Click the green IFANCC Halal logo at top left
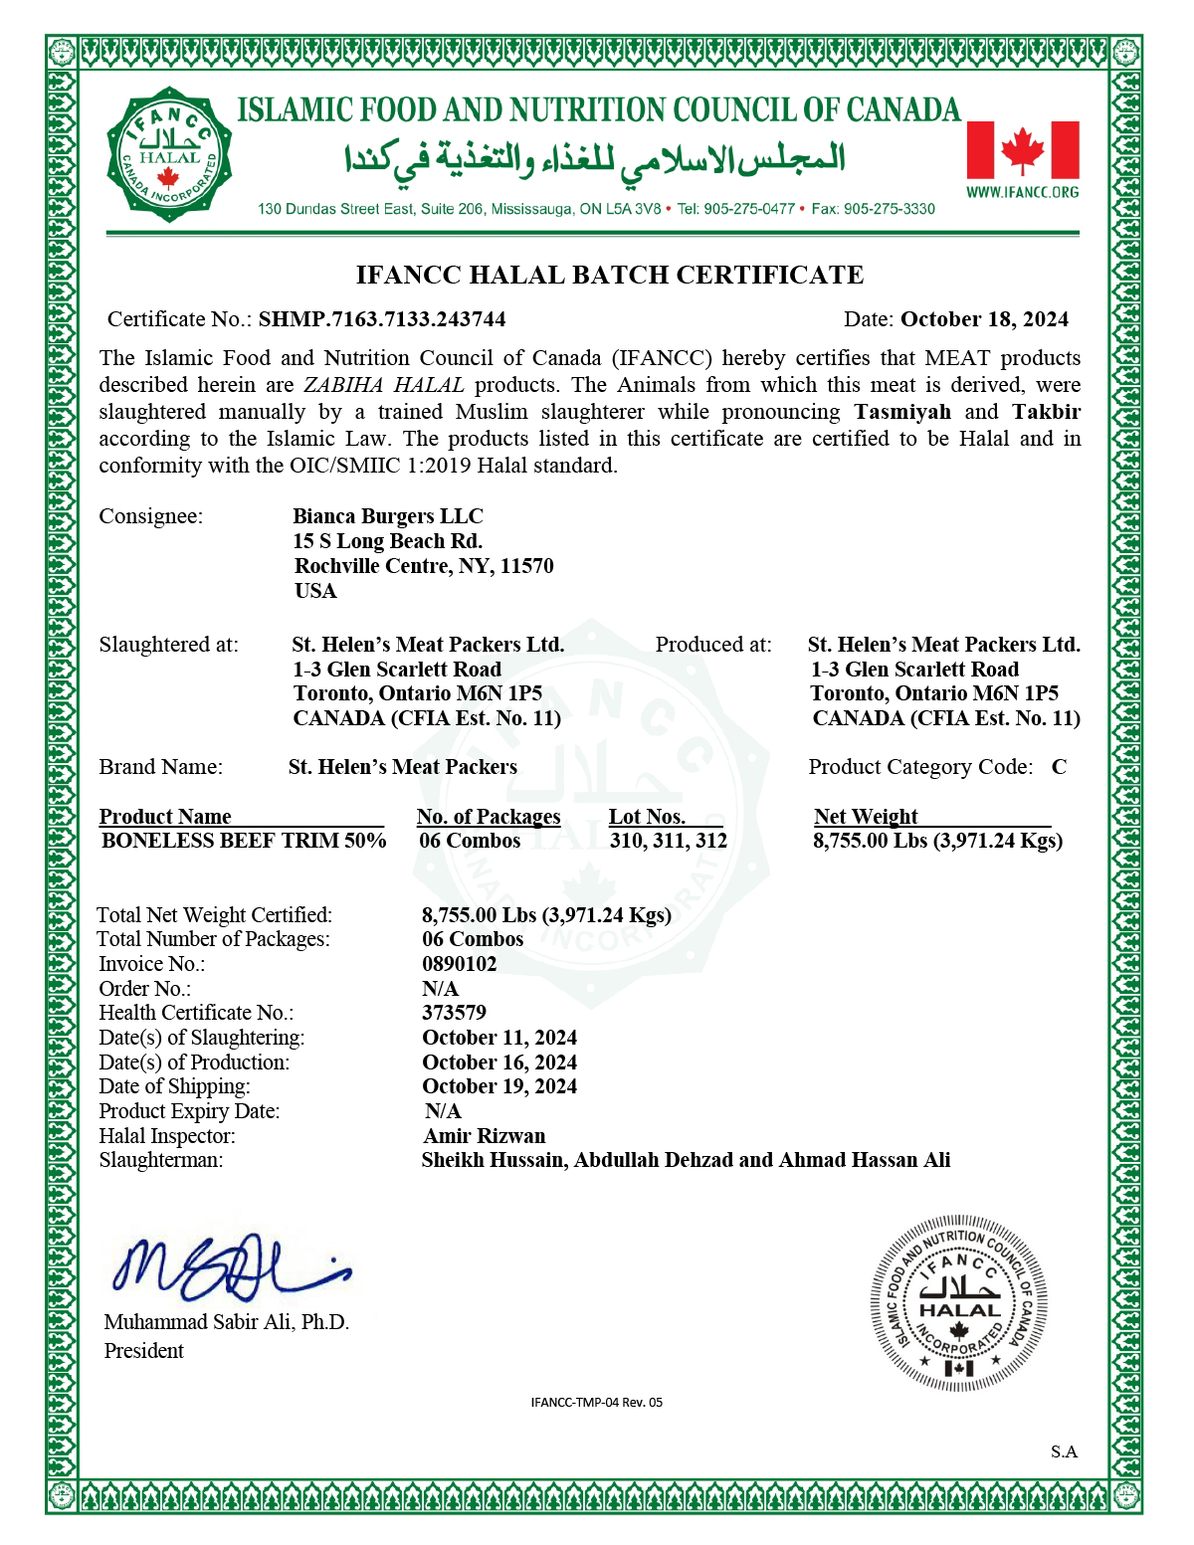click(x=169, y=154)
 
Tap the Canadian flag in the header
click(x=1023, y=149)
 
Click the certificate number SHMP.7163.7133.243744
click(x=382, y=319)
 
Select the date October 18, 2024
click(x=984, y=319)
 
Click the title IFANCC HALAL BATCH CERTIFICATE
click(x=610, y=275)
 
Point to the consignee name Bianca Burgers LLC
click(x=388, y=516)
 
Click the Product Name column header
click(x=165, y=817)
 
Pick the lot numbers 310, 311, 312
click(x=669, y=841)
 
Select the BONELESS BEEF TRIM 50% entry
click(x=244, y=841)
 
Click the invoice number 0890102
click(x=460, y=964)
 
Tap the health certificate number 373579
click(x=455, y=1013)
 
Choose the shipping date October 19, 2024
click(x=499, y=1086)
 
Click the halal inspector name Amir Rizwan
click(x=485, y=1136)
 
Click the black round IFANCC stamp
click(x=959, y=1302)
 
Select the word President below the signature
click(x=144, y=1351)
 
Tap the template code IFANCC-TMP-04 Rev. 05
click(x=597, y=1403)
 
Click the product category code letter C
click(x=1060, y=767)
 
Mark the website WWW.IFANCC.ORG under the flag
click(x=1023, y=192)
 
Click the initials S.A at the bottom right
click(x=1064, y=1452)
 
